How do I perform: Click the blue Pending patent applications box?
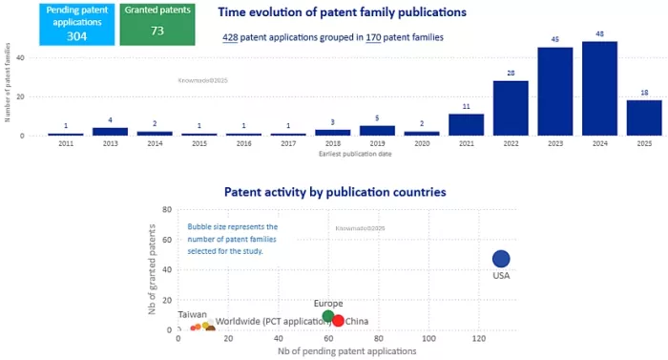77,24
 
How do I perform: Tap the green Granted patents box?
157,24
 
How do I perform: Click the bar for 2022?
511,108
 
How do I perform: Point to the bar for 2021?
466,124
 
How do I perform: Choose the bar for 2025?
644,117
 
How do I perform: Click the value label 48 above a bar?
599,33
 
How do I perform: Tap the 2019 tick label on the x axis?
377,143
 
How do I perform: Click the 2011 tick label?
66,143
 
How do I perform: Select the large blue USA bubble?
501,259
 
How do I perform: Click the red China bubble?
338,321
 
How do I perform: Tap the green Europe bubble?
328,316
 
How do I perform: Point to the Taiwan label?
192,314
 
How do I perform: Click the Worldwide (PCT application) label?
277,322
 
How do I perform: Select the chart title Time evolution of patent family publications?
342,12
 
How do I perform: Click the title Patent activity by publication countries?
334,191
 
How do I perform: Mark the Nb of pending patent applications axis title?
346,350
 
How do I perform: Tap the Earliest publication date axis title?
355,153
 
